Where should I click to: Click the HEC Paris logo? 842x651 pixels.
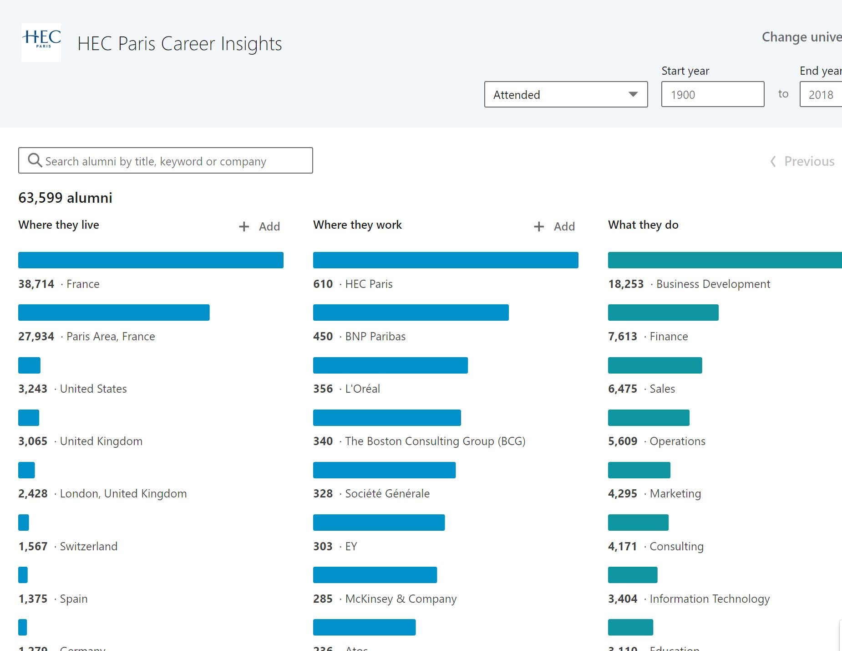tap(41, 42)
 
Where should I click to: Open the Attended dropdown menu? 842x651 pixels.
tap(566, 95)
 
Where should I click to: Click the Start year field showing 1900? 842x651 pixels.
tap(712, 95)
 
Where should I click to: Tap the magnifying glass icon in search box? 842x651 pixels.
tap(35, 160)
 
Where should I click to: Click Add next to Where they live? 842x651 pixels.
tap(260, 226)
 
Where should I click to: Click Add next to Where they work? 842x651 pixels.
tap(554, 226)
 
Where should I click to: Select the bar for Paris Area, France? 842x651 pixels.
tap(114, 313)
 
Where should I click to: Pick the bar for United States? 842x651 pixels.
tap(29, 365)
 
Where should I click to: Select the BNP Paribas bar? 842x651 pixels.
tap(411, 313)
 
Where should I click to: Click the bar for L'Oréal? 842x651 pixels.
tap(390, 365)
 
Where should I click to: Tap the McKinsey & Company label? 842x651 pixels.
tap(401, 599)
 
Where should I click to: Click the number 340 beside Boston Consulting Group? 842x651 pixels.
tap(323, 441)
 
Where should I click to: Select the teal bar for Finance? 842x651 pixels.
tap(663, 313)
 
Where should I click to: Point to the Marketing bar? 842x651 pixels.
tap(639, 470)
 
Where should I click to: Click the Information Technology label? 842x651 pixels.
tap(709, 599)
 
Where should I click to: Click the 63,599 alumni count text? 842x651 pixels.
tap(65, 198)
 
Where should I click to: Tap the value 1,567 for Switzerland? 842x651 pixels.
tap(33, 546)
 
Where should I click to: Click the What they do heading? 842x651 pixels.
tap(643, 225)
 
